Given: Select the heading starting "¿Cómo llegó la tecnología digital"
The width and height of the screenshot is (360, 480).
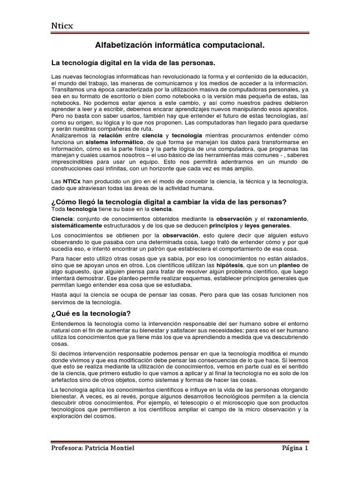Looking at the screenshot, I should pos(168,202).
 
